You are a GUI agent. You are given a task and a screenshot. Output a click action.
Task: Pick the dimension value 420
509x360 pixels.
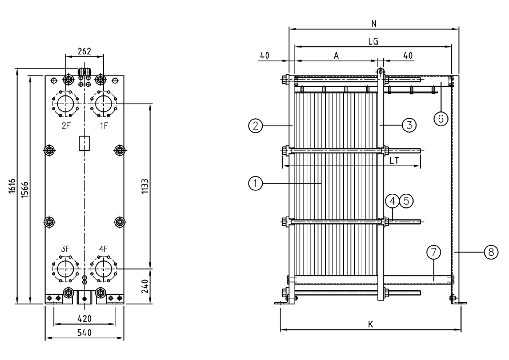(x=84, y=318)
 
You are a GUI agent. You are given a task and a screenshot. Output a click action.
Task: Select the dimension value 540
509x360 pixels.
(x=84, y=333)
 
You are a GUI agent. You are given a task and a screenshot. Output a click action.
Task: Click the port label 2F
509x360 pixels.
(x=65, y=124)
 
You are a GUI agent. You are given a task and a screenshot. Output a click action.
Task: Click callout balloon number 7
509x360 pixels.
(x=433, y=252)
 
